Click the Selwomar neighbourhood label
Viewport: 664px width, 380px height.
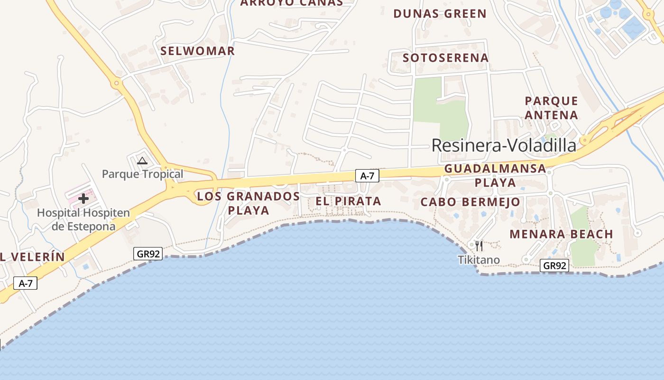tap(197, 51)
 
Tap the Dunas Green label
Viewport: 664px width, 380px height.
tap(440, 14)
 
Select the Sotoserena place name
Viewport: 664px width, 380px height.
tap(445, 58)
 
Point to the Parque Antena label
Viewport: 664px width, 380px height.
tap(551, 108)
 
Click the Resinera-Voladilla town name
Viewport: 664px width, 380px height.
tap(504, 145)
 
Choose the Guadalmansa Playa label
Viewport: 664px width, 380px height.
tap(495, 175)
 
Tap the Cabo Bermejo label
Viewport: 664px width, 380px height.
tap(470, 202)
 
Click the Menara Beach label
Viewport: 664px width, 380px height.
tap(561, 234)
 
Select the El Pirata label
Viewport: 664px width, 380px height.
tap(348, 201)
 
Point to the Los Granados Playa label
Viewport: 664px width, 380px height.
tap(249, 203)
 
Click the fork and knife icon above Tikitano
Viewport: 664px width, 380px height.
tap(479, 246)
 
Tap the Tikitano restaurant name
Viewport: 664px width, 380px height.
tap(479, 260)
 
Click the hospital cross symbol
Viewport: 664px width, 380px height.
tap(83, 199)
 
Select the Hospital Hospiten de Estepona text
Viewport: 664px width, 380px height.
tap(83, 219)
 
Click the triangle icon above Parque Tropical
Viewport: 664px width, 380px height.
tap(142, 161)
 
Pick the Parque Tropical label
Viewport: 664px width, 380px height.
tap(142, 174)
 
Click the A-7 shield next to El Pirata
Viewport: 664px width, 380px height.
tap(367, 176)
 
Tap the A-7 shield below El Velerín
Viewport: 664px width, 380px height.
tap(25, 284)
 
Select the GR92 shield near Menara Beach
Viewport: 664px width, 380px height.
tap(554, 266)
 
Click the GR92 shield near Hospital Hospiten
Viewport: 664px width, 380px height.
tap(148, 254)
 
